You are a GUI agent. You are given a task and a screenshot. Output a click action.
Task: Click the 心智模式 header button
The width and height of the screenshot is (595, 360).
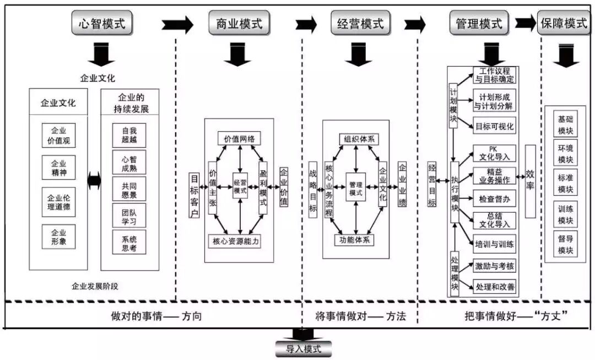tap(102, 24)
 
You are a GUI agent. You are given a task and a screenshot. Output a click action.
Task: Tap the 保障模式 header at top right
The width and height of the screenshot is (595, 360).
tap(565, 24)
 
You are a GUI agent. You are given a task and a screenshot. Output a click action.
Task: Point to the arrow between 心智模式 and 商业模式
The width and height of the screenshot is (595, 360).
tap(177, 24)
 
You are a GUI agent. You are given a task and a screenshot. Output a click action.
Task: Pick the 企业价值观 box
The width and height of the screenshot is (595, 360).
tap(59, 136)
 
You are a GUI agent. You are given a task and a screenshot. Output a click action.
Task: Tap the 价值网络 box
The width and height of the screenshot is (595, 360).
tap(239, 138)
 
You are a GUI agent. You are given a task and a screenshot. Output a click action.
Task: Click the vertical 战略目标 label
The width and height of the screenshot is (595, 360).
tap(313, 190)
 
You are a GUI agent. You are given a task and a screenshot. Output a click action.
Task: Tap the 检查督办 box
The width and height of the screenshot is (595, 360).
tap(494, 197)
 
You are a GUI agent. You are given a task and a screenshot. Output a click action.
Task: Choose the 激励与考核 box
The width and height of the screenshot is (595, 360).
tap(494, 266)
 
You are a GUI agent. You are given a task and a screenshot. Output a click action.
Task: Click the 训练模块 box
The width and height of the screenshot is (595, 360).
tap(566, 214)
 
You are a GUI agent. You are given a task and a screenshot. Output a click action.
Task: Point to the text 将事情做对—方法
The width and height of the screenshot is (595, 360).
tap(360, 316)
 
